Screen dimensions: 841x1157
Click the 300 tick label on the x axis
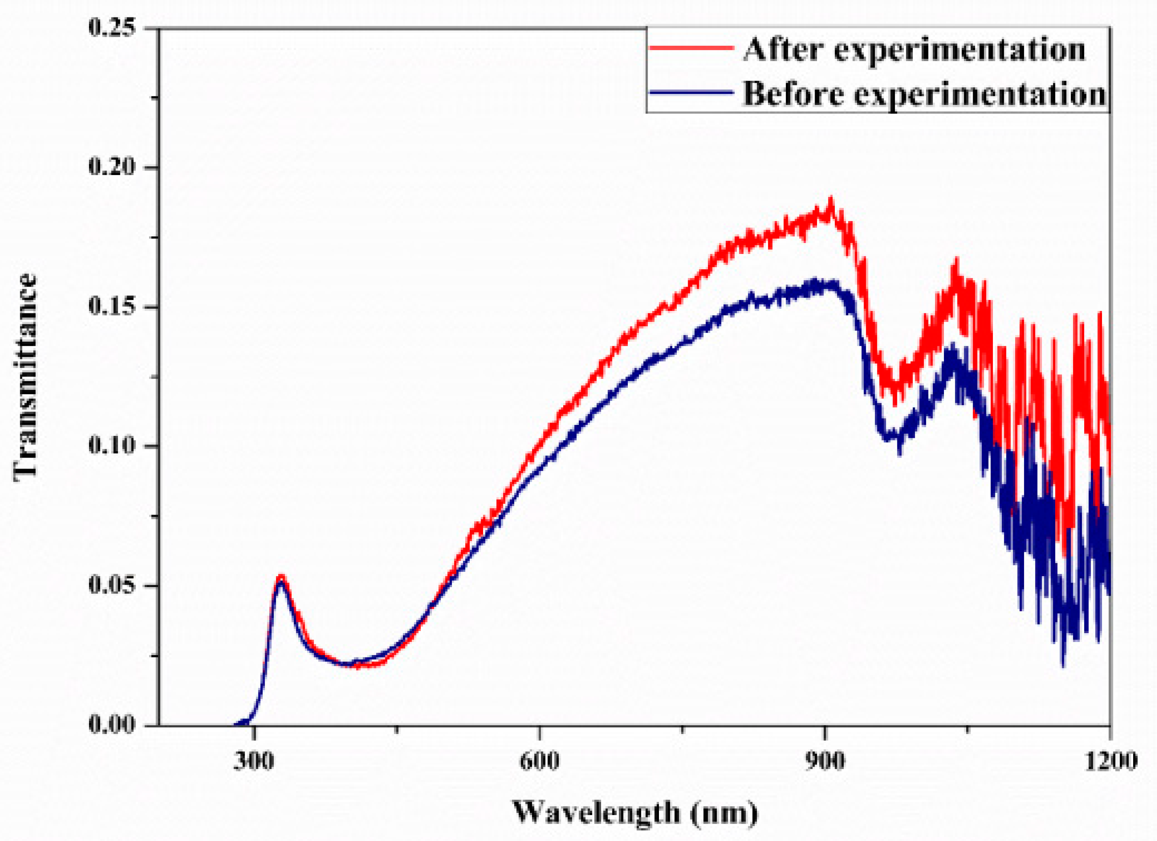coord(254,761)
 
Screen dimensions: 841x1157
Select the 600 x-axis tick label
coord(539,761)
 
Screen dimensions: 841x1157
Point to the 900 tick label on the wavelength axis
coord(824,761)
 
